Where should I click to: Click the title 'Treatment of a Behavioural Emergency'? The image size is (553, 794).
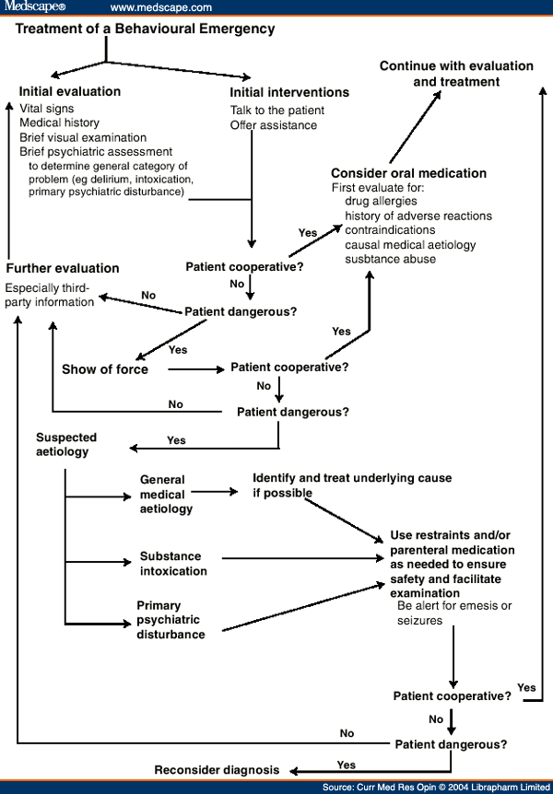pos(146,29)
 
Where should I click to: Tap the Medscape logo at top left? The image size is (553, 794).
pos(33,7)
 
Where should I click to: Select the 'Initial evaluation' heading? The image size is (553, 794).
pos(70,91)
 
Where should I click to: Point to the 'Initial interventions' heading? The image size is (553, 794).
pos(289,92)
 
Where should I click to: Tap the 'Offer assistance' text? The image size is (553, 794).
pos(274,125)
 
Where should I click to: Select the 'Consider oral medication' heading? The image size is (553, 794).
pos(408,173)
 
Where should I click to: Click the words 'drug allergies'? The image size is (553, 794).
pos(381,201)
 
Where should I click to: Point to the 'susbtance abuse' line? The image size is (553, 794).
pos(391,259)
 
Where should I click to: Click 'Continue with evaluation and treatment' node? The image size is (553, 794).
pos(456,74)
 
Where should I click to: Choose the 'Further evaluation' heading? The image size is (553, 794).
pos(63,268)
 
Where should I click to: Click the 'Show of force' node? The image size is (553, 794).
pos(104,369)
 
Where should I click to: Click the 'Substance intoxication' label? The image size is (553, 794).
pos(173,564)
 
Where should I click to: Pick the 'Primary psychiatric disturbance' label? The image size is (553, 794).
pos(171,620)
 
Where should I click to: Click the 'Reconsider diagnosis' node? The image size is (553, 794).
pos(216,770)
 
